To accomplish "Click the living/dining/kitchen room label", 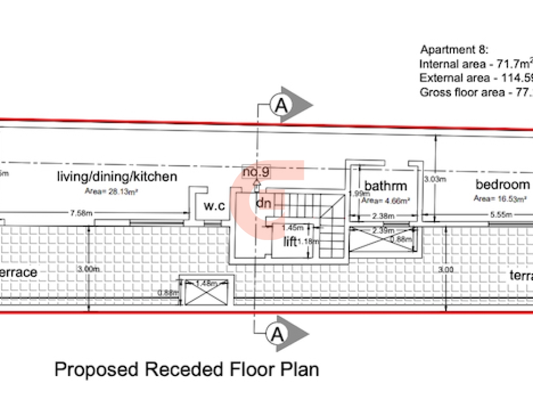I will coord(117,177).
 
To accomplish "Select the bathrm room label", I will coord(386,186).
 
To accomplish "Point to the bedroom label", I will coord(503,185).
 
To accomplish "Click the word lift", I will coord(290,242).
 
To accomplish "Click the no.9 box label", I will coord(256,172).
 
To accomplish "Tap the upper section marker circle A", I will coord(280,105).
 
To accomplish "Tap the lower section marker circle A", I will coord(277,334).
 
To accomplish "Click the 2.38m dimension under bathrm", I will coord(383,216).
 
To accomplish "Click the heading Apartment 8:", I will coord(454,51).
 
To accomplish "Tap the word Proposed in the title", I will coord(92,369).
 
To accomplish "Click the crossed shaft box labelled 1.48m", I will coord(207,291).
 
